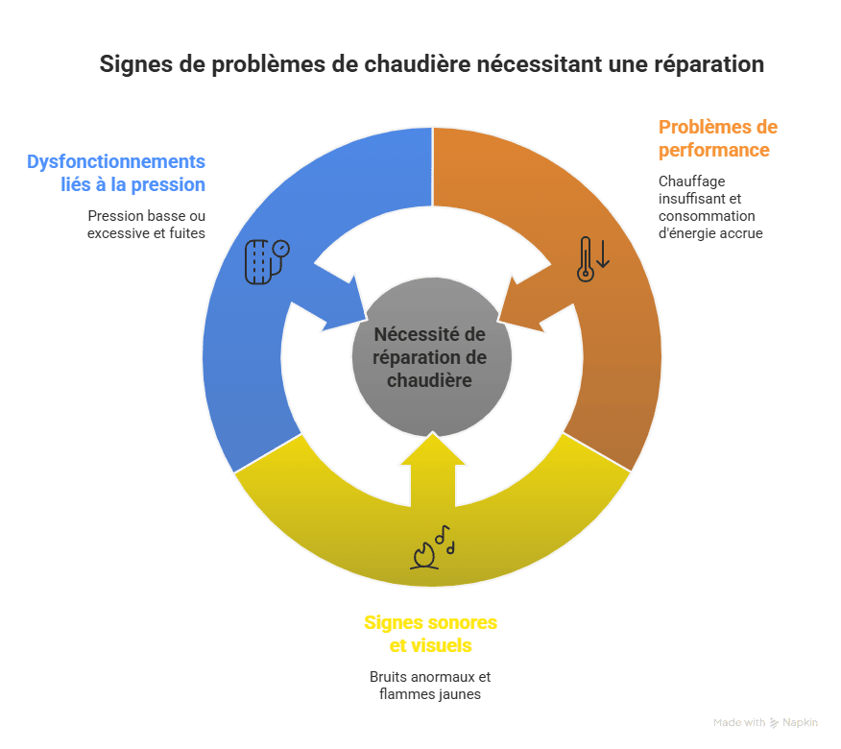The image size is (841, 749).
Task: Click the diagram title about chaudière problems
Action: (432, 64)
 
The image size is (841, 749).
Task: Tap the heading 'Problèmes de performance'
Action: (718, 138)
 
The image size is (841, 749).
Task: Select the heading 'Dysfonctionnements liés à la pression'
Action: (116, 173)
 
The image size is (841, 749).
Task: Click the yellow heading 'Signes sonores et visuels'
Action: (431, 634)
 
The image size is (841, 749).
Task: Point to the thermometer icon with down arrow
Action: (593, 259)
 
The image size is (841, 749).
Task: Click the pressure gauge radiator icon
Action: (267, 261)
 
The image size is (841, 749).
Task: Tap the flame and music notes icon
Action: (433, 546)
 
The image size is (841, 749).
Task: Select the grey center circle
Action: (432, 357)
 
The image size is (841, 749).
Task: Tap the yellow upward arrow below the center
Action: (433, 469)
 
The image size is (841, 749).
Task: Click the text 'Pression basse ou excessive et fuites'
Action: (147, 225)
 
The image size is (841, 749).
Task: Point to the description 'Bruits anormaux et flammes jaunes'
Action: (430, 686)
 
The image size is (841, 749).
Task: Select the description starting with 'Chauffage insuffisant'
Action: (710, 207)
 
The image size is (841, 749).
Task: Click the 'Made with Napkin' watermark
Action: (765, 723)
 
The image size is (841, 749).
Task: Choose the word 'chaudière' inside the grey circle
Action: (429, 380)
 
